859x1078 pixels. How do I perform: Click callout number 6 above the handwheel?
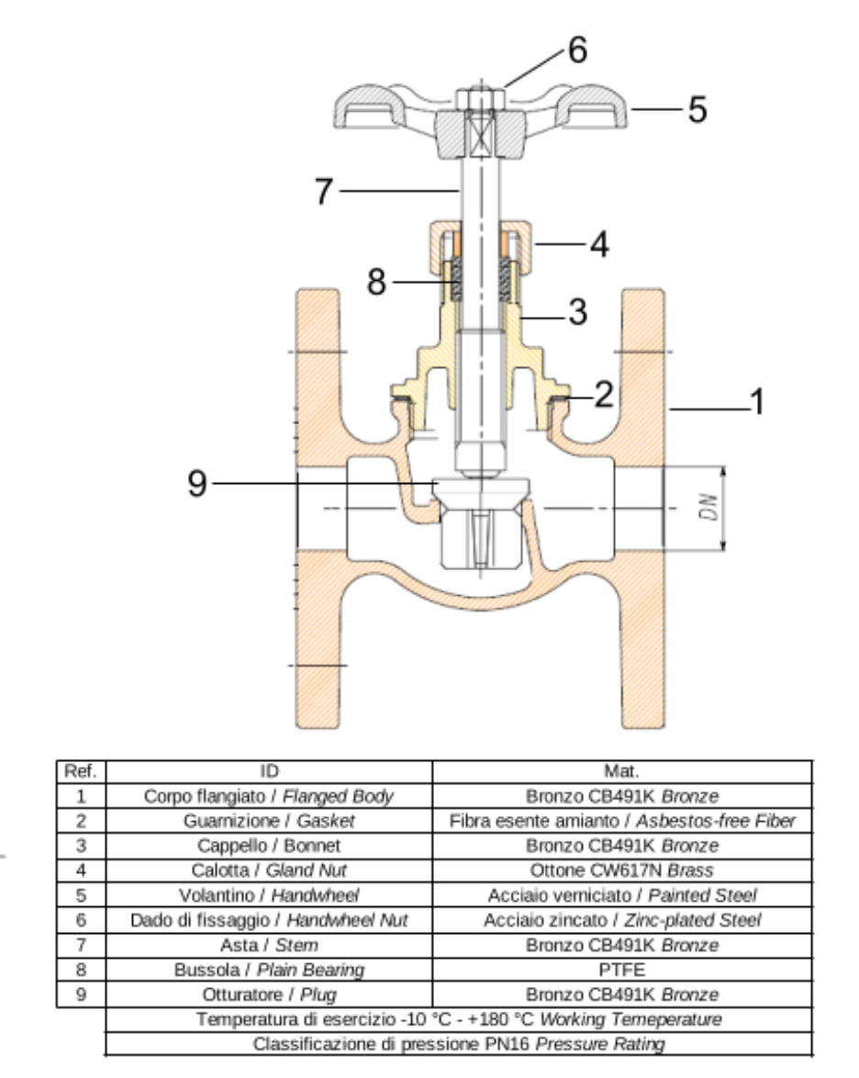[576, 52]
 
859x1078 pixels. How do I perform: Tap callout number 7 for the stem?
[322, 192]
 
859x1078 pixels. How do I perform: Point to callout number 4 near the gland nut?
[598, 245]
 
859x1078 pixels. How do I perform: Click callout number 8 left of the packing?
[377, 283]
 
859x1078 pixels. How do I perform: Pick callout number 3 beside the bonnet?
[576, 311]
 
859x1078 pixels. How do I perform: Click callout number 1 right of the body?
[757, 402]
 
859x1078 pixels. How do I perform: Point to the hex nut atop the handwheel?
[480, 99]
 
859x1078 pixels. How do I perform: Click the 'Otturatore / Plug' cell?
[270, 994]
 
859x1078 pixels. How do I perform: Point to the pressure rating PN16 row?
[459, 1044]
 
